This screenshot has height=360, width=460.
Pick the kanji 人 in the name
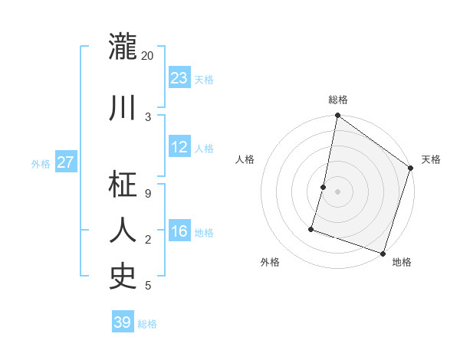123,230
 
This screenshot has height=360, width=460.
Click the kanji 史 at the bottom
123,276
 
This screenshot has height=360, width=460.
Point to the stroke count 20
147,56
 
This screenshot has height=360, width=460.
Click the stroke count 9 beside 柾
147,193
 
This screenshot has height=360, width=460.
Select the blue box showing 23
179,78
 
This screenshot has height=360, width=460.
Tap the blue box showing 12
179,148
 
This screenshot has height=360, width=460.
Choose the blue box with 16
179,232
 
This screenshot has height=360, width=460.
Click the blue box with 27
65,162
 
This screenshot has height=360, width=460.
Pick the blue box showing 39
123,322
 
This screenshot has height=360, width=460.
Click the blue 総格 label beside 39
147,324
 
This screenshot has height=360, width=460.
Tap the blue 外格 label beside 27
41,163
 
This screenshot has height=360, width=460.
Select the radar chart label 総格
337,100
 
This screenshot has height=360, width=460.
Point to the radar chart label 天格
431,159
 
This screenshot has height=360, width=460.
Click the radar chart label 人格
245,159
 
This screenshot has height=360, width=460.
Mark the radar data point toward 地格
383,253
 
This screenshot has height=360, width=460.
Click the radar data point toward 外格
311,228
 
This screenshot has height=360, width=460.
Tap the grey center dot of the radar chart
337,191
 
